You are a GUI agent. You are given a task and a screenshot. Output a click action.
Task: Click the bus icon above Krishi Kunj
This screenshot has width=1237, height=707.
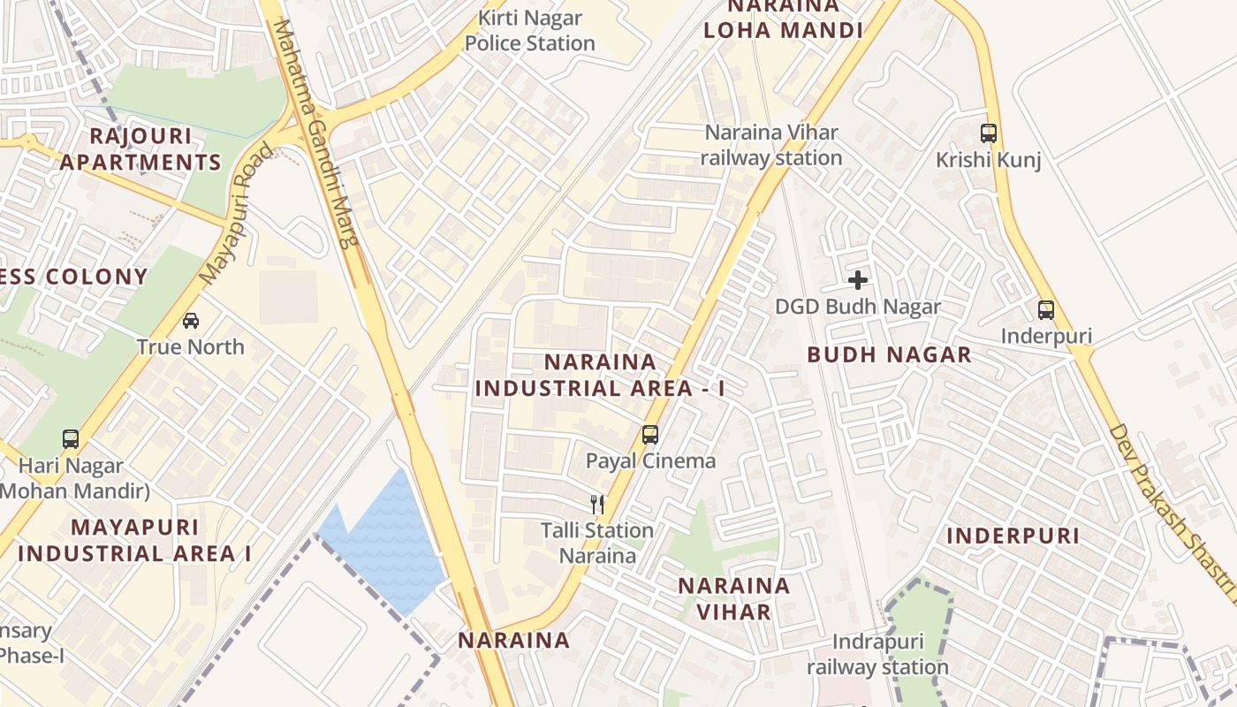pos(989,133)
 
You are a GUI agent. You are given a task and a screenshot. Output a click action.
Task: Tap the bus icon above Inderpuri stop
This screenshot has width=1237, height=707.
pos(1046,310)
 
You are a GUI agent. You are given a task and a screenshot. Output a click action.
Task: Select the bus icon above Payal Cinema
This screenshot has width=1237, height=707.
pos(650,434)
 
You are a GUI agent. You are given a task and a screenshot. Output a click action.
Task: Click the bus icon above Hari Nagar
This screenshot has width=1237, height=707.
pos(71,438)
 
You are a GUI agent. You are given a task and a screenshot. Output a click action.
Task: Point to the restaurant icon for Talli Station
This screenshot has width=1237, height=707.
pos(597,504)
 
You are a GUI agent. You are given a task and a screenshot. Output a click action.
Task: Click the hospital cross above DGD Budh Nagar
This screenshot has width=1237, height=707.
pos(857,280)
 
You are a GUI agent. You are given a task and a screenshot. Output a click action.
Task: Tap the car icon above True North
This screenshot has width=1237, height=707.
pos(191,320)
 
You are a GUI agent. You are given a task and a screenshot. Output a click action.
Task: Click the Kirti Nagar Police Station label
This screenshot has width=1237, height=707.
pos(530,30)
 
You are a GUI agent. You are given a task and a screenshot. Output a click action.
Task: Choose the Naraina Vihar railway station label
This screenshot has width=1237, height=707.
pos(771,145)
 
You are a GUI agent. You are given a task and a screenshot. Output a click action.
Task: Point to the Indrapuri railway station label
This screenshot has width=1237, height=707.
pos(877,655)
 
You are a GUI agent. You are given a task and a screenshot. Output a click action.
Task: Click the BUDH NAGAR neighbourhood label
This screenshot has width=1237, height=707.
pos(889,355)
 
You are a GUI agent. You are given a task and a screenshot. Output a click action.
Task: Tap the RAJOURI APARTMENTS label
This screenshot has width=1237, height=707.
pos(140,149)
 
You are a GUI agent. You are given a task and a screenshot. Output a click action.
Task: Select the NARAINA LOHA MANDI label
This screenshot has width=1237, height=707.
pos(783,18)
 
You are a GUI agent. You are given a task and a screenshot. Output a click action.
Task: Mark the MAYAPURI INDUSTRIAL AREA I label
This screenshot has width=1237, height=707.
pos(135,540)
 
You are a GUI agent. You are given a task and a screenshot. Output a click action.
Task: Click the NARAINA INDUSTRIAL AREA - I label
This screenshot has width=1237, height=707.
pos(600,375)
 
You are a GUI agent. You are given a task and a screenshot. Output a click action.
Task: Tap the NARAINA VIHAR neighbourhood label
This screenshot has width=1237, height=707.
pos(733,598)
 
